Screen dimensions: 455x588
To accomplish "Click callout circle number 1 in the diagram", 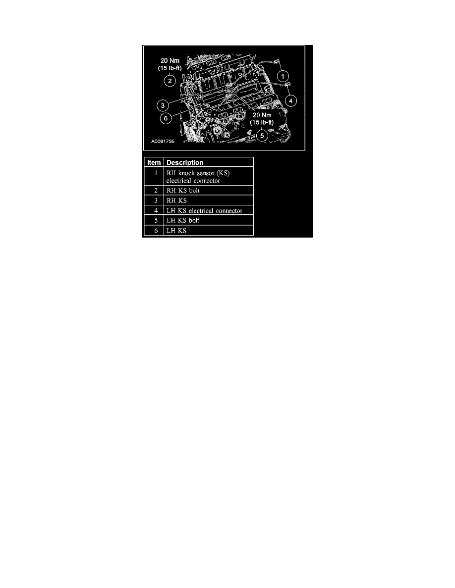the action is [283, 76].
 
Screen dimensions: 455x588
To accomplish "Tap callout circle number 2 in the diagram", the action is [170, 81].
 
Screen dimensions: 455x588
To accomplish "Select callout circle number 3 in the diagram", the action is [162, 104].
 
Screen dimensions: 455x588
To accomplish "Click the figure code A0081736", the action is [163, 141].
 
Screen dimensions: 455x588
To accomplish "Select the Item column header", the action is [153, 162].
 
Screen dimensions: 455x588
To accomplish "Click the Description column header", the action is [184, 162].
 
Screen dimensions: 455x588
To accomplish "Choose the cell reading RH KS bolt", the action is [183, 191].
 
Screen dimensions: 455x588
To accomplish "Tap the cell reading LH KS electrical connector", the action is [204, 211].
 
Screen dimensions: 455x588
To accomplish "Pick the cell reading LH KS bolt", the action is [183, 220].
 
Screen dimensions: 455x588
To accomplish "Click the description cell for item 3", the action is [176, 201].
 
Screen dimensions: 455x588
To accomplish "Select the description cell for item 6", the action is [176, 231].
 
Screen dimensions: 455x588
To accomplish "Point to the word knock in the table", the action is [188, 173].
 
